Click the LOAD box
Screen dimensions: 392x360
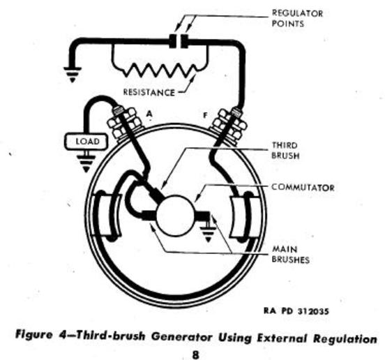[86, 142]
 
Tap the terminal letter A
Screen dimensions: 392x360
[149, 114]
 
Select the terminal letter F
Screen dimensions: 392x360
[205, 116]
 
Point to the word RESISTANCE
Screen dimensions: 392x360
[149, 93]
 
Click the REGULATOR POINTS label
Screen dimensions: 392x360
[297, 18]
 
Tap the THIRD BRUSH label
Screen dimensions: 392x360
[285, 151]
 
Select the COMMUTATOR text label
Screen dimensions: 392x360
[303, 187]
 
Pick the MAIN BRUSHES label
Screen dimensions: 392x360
[290, 255]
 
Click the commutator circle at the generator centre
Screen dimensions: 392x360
[175, 216]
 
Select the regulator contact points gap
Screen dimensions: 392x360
[179, 40]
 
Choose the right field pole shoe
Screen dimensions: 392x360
[245, 216]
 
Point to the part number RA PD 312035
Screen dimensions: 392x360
[296, 311]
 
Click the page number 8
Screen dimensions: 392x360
[195, 354]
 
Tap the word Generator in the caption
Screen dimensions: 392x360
[182, 337]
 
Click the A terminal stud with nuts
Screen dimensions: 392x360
[123, 122]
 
